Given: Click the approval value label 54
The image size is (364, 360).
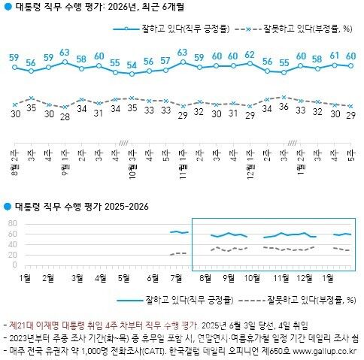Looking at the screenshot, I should tap(132, 65).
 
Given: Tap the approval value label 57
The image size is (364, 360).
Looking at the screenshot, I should tap(165, 60).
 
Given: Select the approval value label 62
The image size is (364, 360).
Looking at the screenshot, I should tap(250, 55).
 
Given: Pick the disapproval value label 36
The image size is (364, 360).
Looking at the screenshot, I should tap(284, 107).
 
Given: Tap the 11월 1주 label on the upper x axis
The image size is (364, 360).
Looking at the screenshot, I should tap(182, 159).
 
